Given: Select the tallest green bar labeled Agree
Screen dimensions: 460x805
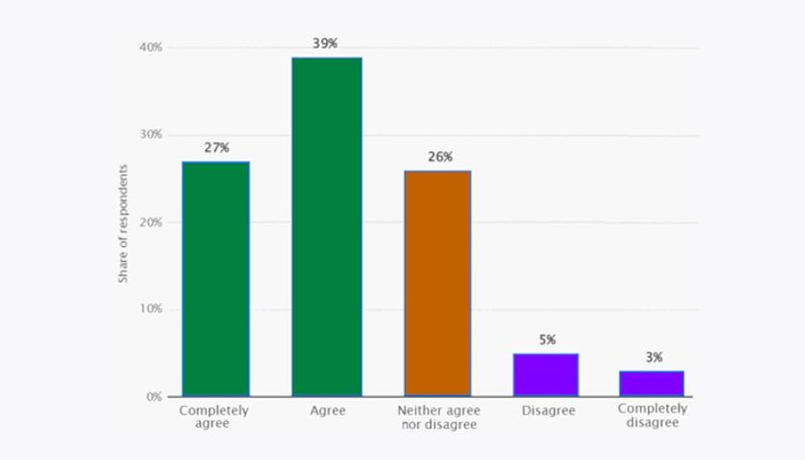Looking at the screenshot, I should click(326, 227).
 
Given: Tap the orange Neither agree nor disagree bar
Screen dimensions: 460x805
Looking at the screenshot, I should click(437, 283).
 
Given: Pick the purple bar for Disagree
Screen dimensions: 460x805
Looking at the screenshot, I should click(545, 375).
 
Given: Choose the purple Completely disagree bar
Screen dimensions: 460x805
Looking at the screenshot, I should click(652, 384).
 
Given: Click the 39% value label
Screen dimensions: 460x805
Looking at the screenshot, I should click(325, 43).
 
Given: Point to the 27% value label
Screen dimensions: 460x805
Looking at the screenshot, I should click(216, 148).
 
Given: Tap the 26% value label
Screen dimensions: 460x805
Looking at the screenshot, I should click(440, 157).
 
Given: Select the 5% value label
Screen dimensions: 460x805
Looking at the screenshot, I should click(547, 340).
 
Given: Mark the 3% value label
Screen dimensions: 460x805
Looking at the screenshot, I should click(654, 357).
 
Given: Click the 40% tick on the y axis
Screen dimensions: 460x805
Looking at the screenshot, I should click(151, 47).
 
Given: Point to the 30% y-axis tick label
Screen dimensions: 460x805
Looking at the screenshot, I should click(151, 135).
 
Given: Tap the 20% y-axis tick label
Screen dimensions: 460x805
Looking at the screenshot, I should click(151, 222).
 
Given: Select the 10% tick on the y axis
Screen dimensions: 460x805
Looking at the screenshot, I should click(151, 309).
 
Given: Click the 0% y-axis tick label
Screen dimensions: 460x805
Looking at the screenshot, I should click(154, 396).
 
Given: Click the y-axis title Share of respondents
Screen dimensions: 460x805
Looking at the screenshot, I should click(123, 223).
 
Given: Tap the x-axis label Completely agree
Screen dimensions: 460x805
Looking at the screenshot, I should click(214, 417).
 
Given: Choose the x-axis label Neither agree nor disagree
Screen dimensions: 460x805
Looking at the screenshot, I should click(438, 417).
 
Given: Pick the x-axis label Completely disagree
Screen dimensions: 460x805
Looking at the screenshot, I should click(652, 415).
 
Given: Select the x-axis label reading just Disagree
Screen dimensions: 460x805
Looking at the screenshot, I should click(548, 411).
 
